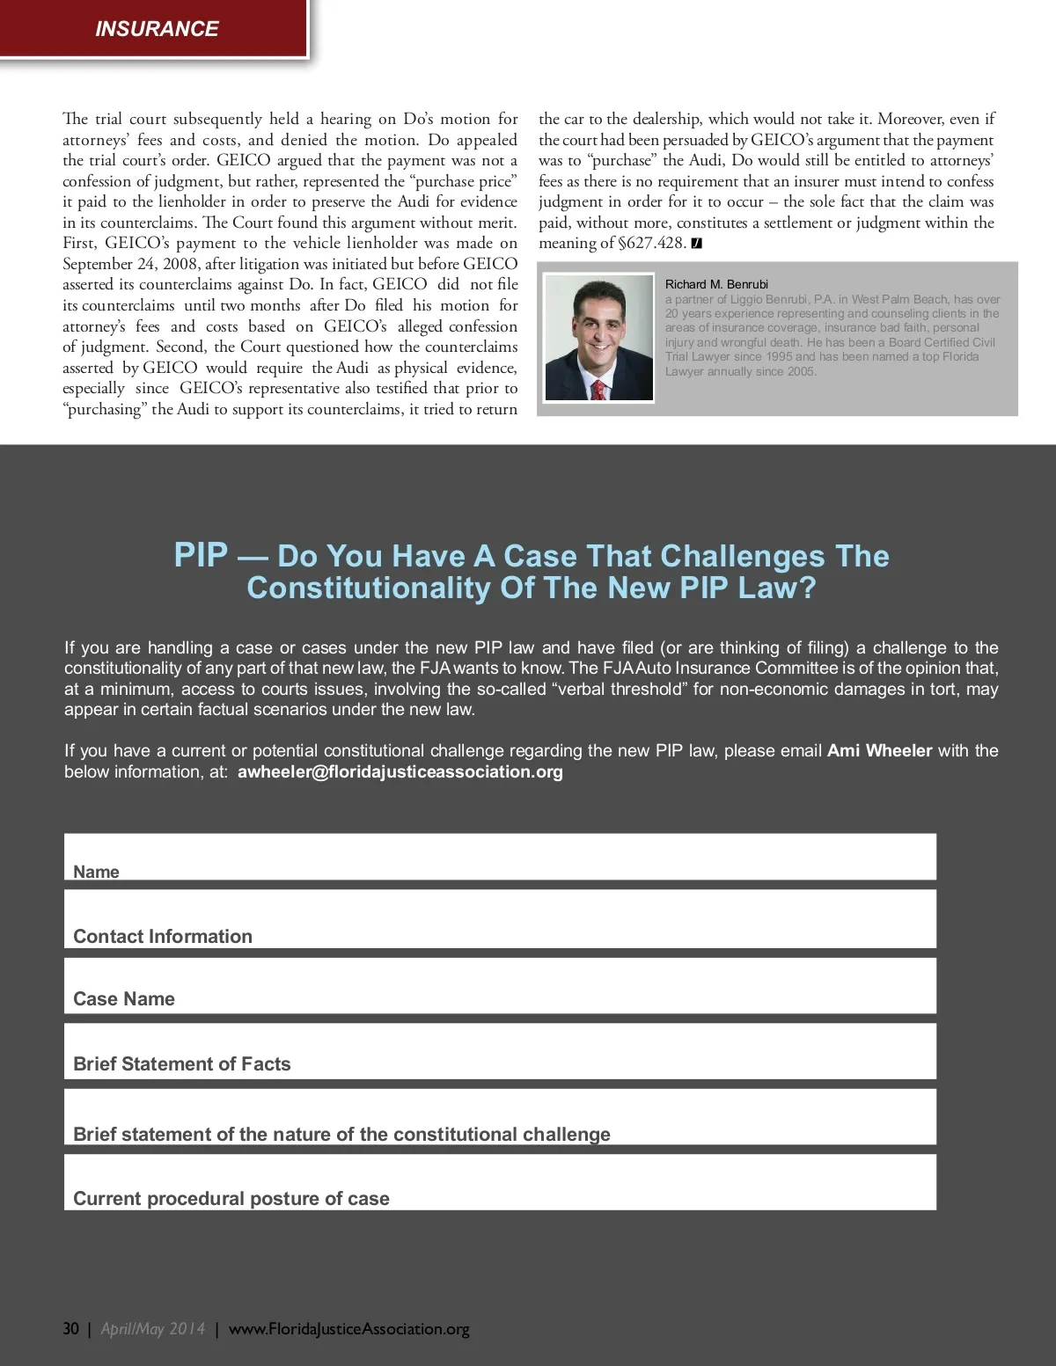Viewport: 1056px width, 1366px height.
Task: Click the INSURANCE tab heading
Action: (x=157, y=29)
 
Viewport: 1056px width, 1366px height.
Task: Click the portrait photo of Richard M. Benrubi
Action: (x=598, y=338)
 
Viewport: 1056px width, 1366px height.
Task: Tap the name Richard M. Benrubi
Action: (x=716, y=284)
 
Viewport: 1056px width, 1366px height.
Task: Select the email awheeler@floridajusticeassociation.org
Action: (x=400, y=771)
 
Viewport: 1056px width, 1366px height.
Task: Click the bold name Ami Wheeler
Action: (x=879, y=750)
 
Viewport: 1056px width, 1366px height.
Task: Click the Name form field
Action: (x=500, y=857)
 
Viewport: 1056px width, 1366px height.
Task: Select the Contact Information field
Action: (x=500, y=919)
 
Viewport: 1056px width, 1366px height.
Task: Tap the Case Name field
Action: (x=500, y=985)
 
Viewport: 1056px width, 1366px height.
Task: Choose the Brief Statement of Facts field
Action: (x=500, y=1051)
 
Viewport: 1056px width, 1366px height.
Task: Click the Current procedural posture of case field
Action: (x=500, y=1182)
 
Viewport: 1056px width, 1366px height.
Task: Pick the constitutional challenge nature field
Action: (x=500, y=1117)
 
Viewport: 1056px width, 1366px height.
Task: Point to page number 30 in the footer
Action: (x=70, y=1328)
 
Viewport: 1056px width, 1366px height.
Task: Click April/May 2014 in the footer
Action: (x=153, y=1328)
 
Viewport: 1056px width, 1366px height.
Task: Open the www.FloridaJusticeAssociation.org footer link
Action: (x=348, y=1328)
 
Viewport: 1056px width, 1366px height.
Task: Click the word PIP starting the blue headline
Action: (x=202, y=555)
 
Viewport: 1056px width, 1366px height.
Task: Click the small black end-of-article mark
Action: (x=697, y=244)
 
